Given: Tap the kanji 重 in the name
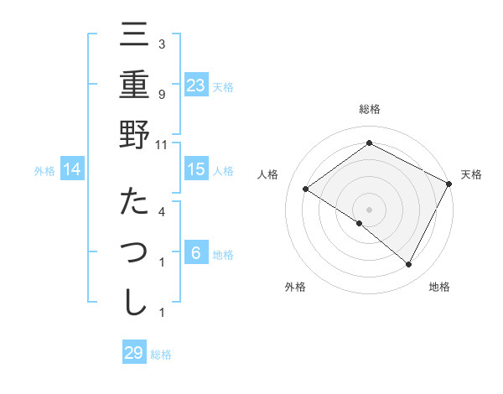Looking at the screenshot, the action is point(134,85).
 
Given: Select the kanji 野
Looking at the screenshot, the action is point(134,135).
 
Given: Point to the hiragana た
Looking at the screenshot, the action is point(134,202).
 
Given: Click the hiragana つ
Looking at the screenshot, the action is point(134,251).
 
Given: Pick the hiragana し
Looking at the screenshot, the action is point(134,303).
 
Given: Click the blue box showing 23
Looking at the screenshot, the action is point(196,86).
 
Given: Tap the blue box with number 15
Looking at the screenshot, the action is point(196,169).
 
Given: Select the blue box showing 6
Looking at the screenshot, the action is point(196,252).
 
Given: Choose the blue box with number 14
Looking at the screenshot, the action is point(72,169).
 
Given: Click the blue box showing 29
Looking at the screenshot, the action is point(134,352).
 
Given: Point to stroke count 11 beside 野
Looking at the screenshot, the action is point(162,144).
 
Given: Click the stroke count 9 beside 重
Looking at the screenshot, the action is point(162,94).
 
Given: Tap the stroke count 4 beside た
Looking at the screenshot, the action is point(162,211).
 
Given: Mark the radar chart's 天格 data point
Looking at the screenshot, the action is point(449,184).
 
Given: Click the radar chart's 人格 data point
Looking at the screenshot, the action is point(306,189).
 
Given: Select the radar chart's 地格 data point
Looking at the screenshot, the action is point(409,265).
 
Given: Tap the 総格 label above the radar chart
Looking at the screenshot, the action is point(370,109).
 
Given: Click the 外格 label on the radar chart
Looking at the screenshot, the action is point(295,287).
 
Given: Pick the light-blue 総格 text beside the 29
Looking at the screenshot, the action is point(161,355).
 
